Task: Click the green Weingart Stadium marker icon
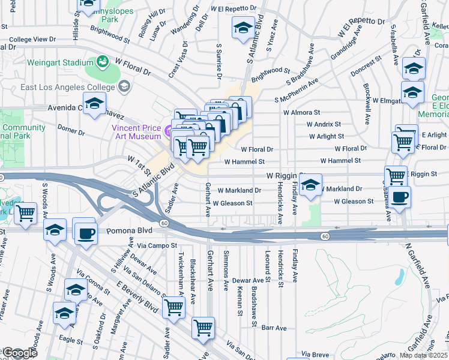click(103, 61)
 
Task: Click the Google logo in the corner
click(19, 353)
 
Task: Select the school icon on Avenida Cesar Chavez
click(94, 105)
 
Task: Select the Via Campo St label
click(157, 245)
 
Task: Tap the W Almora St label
click(302, 112)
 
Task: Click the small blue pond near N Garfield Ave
click(400, 277)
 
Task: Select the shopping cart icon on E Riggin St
click(396, 176)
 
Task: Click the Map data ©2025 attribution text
click(424, 355)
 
